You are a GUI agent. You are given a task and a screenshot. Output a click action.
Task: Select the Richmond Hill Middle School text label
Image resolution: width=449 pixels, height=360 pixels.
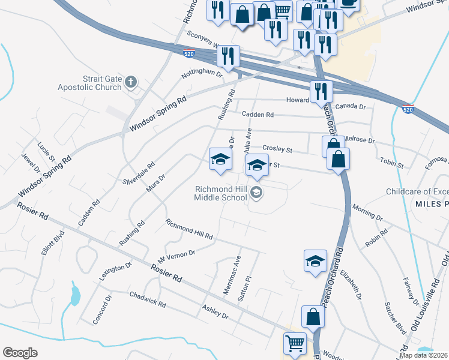pos(220,193)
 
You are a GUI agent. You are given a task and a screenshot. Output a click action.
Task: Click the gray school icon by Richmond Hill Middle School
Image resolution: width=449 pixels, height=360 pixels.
pos(256,193)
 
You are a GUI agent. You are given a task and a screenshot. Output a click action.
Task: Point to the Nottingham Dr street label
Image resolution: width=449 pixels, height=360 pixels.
pos(202,75)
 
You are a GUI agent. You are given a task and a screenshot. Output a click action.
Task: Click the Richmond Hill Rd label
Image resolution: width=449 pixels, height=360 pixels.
pos(190,229)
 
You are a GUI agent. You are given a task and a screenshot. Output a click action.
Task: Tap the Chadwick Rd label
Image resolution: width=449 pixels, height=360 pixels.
pos(148,299)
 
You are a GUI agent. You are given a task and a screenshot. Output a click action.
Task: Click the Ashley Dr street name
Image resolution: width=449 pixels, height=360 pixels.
pos(215,311)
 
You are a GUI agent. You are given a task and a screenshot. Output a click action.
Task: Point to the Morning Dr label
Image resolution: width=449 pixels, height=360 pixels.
pos(367,211)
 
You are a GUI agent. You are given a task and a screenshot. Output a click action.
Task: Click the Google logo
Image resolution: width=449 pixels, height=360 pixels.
pos(20,352)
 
